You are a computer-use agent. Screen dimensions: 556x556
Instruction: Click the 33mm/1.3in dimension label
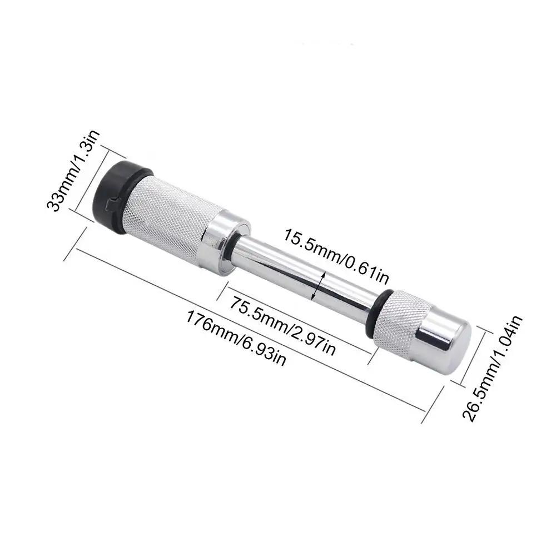[74, 171]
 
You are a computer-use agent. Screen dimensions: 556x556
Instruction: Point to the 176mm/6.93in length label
[235, 338]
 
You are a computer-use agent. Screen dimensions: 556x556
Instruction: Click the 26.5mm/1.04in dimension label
[493, 369]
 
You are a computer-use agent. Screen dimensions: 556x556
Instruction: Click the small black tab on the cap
[113, 203]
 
